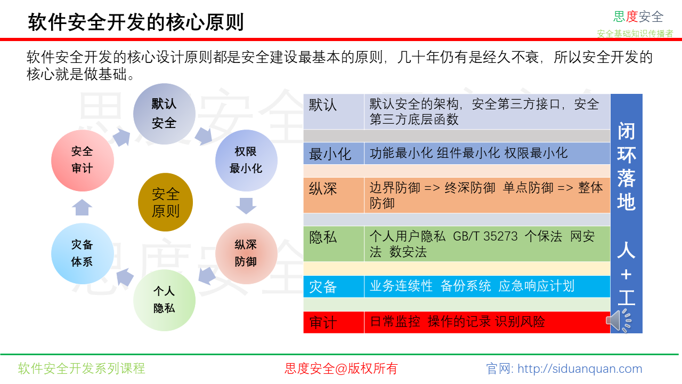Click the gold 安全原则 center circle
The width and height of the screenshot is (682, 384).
[165, 202]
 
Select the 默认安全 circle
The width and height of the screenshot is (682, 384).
[164, 114]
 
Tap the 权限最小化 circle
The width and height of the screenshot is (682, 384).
[246, 161]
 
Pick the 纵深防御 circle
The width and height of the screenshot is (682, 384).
[246, 253]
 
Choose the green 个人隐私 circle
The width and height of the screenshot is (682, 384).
[164, 300]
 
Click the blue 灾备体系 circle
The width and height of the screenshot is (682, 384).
[83, 253]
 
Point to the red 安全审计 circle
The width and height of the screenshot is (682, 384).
[83, 161]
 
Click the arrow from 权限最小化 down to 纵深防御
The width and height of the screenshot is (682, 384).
[246, 206]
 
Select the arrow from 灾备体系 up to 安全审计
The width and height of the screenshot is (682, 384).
[82, 207]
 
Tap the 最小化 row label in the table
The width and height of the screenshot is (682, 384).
[334, 153]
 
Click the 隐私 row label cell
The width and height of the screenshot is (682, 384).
[334, 244]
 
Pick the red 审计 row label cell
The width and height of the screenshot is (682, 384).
[334, 322]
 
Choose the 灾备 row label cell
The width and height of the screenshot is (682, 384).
[334, 286]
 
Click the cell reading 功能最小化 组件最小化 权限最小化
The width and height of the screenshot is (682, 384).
[487, 153]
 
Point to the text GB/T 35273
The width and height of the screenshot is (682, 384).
[485, 236]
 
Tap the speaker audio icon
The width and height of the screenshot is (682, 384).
[619, 321]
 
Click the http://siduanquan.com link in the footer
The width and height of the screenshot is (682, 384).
[580, 369]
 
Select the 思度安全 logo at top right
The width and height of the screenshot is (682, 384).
[638, 17]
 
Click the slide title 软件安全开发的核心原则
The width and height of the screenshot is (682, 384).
[136, 22]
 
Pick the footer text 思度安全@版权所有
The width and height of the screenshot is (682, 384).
[341, 369]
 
